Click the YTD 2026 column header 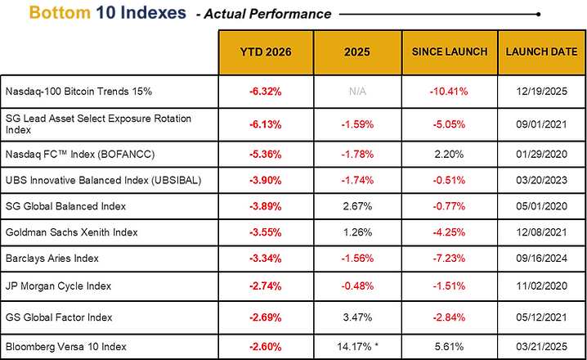click(x=266, y=52)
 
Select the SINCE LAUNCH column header click(x=450, y=52)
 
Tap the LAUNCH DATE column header click(x=542, y=52)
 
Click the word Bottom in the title click(x=60, y=13)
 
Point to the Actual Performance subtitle click(x=264, y=14)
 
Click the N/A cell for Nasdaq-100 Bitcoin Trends click(x=357, y=92)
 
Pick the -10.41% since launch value click(x=449, y=92)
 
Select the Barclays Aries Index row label click(x=52, y=259)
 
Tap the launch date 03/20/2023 click(x=542, y=180)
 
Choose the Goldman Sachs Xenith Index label click(x=71, y=232)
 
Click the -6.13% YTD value click(x=266, y=124)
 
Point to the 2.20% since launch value click(x=449, y=155)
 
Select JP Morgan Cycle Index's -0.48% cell click(x=357, y=286)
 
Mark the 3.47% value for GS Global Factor click(x=357, y=317)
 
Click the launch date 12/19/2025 click(x=542, y=92)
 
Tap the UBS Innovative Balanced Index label click(x=103, y=180)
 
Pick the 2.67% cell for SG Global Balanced click(x=357, y=206)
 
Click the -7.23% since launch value click(x=449, y=259)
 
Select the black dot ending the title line click(x=538, y=14)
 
